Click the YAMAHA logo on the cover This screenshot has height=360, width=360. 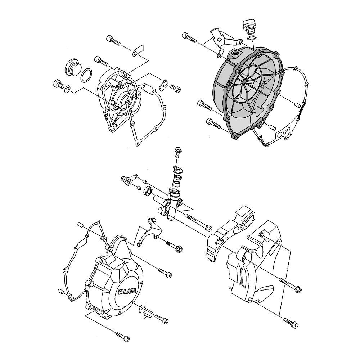coord(127,291)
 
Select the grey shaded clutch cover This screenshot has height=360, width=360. coord(248,92)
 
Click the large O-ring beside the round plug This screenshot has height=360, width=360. coord(86,75)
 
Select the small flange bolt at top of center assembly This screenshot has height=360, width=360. coord(177,152)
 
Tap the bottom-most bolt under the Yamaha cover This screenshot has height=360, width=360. coord(123,337)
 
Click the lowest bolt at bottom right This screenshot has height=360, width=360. coord(291,323)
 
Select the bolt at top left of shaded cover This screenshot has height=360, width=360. coord(189,38)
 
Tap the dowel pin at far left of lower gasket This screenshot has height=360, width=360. coord(61,291)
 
